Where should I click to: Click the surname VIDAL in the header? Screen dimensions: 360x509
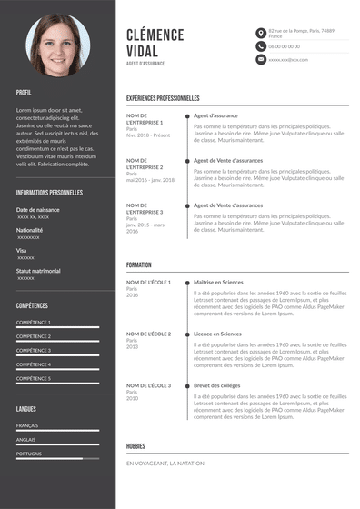pos(145,52)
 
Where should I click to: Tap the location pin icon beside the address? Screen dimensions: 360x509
pos(261,33)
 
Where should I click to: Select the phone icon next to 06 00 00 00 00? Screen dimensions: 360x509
pos(261,45)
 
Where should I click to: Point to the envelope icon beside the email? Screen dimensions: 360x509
pos(261,59)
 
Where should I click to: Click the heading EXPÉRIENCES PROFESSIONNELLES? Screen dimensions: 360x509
pos(163,98)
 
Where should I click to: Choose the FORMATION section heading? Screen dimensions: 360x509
pos(139,264)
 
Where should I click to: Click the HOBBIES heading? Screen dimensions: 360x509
pos(135,446)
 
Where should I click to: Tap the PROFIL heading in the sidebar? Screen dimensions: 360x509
pos(24,93)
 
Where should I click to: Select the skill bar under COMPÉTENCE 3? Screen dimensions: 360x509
pos(57,355)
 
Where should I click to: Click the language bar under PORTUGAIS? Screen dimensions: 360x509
pos(57,458)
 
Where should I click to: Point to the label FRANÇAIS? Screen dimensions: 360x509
pos(27,425)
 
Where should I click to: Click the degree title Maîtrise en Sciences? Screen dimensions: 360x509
pos(218,283)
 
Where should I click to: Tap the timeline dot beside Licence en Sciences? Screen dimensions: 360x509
pos(187,334)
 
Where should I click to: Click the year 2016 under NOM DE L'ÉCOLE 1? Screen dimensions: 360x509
pos(132,295)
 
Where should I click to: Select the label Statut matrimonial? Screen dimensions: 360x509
pos(38,271)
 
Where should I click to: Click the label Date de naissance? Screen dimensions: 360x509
pos(37,210)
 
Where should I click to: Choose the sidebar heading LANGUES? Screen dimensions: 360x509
pos(26,409)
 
